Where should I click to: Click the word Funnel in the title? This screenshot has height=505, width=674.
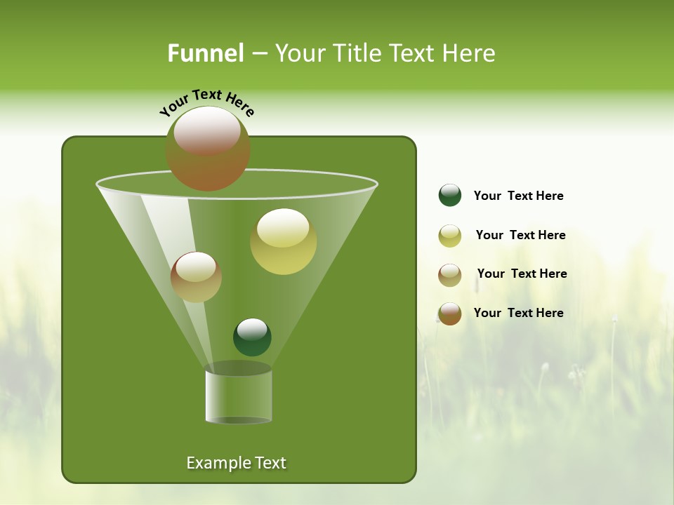pos(205,53)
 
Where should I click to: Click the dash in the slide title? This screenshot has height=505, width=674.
pos(258,53)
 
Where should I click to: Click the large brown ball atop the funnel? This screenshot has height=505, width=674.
pos(208,149)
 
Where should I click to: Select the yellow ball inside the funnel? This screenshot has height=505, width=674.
pos(283,241)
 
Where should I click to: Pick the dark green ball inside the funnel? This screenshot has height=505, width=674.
pos(252,337)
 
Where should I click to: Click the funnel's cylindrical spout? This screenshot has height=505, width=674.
pos(238,396)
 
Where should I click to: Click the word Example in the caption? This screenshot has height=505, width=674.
pos(214,463)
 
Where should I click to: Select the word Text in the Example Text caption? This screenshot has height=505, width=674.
pos(270,463)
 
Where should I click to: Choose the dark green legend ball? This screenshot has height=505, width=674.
pos(450,196)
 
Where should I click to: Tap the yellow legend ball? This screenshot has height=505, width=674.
pos(450,236)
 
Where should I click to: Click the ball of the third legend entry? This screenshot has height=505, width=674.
pos(450,275)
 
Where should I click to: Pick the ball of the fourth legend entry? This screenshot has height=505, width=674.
pos(450,314)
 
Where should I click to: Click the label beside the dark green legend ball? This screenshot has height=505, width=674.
pos(518,196)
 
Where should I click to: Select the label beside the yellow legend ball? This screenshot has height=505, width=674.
pos(520,235)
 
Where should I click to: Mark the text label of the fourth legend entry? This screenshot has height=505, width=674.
pos(518,313)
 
